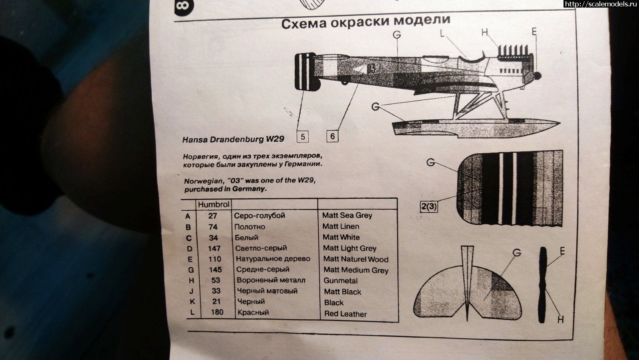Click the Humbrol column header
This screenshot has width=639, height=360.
point(213,204)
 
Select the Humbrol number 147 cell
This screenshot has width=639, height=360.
point(214,248)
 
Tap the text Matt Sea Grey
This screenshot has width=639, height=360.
point(347,215)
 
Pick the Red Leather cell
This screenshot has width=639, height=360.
point(345,314)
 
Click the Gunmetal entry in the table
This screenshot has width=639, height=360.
point(341,281)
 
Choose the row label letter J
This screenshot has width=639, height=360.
point(191,291)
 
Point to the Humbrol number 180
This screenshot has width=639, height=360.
point(217,312)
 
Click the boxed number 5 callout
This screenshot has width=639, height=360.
point(303,136)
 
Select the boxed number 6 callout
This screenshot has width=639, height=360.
point(332,136)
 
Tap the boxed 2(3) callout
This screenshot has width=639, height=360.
point(429,206)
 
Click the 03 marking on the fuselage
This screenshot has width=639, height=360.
point(371,69)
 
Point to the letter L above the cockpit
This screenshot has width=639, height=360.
point(442,34)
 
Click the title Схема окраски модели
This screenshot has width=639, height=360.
point(366,21)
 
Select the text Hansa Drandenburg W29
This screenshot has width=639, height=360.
point(233,139)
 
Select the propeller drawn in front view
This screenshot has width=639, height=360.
point(542,285)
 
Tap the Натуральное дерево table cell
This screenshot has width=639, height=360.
point(273,259)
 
